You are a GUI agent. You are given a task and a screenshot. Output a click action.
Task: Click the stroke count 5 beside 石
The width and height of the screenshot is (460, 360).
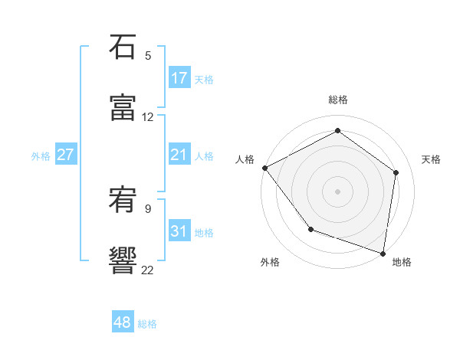[x=148, y=56]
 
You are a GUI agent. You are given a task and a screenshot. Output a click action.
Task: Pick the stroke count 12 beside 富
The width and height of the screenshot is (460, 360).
[x=148, y=117]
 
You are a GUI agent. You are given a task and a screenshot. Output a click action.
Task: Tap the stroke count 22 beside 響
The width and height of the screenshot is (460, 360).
[x=148, y=270]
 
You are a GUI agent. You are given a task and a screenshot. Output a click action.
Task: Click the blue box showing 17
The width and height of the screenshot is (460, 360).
[x=179, y=78]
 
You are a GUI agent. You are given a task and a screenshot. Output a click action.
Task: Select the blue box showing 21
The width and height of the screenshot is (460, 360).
[x=179, y=155]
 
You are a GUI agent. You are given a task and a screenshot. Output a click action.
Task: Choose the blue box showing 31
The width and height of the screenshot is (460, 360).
[x=179, y=231]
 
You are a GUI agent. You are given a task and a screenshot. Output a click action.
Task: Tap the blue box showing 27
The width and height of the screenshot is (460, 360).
[x=66, y=155]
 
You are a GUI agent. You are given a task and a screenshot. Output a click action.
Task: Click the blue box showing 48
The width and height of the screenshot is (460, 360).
[x=123, y=322]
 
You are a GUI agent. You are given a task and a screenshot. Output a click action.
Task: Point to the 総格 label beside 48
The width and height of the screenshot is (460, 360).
[x=147, y=324]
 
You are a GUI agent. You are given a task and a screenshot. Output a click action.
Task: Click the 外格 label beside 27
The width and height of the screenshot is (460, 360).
[x=41, y=156]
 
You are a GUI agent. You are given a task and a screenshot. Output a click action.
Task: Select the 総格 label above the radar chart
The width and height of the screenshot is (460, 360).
[x=338, y=100]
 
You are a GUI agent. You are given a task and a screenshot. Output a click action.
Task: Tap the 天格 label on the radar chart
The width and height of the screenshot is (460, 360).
[x=432, y=159]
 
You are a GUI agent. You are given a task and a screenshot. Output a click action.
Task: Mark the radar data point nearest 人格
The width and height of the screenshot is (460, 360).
[x=264, y=167]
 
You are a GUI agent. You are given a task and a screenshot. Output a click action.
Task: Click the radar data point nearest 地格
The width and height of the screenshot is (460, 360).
[x=383, y=253]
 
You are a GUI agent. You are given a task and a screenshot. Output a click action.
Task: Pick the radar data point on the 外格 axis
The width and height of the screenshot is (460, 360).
[x=310, y=229]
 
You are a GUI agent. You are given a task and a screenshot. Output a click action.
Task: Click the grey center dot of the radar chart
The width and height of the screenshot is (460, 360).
[x=338, y=191]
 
